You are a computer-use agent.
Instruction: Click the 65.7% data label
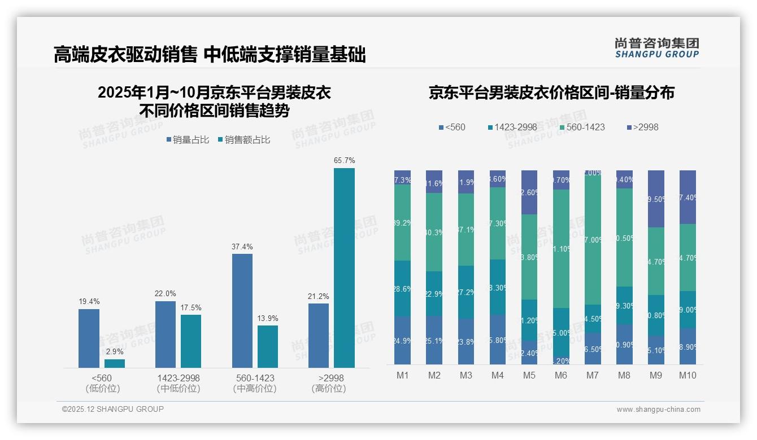pyautogui.click(x=344, y=161)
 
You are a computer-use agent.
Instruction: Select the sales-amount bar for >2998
pyautogui.click(x=344, y=268)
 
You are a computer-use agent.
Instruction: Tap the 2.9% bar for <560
pyautogui.click(x=115, y=363)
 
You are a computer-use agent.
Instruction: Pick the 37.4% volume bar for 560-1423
pyautogui.click(x=242, y=311)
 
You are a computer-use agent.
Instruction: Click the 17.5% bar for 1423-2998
pyautogui.click(x=191, y=341)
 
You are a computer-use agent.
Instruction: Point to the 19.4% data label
pyautogui.click(x=89, y=302)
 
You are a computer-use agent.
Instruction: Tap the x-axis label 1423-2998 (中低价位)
pyautogui.click(x=179, y=383)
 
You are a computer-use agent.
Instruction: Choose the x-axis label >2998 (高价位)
pyautogui.click(x=328, y=383)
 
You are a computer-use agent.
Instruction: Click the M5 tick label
pyautogui.click(x=529, y=375)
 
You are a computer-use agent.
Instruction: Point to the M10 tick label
pyautogui.click(x=688, y=375)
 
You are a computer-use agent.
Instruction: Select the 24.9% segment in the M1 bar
pyautogui.click(x=403, y=340)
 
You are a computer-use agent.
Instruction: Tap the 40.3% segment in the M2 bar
pyautogui.click(x=434, y=232)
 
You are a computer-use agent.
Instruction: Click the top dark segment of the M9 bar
pyautogui.click(x=656, y=199)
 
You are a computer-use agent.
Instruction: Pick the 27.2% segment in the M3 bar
pyautogui.click(x=466, y=292)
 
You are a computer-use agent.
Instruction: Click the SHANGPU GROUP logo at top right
pyautogui.click(x=656, y=48)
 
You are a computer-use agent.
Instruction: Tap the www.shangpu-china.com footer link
pyautogui.click(x=658, y=410)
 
